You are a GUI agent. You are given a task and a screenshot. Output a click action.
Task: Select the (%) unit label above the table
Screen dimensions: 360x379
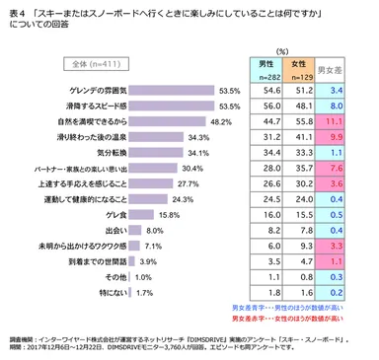tap(281, 48)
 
